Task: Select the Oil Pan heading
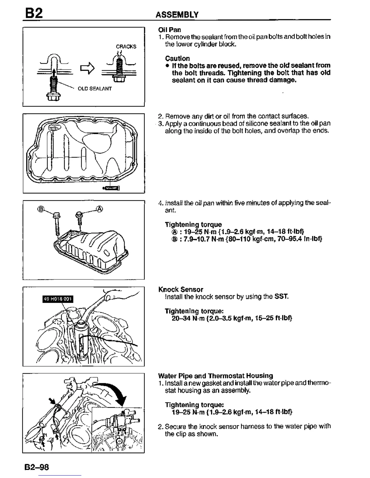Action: pos(170,30)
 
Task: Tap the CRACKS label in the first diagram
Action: pos(126,46)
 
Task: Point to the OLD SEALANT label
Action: pos(95,89)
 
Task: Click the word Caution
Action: pos(177,58)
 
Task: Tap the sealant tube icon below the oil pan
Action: pos(111,188)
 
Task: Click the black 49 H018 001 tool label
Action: pos(57,299)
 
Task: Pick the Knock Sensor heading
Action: pos(181,289)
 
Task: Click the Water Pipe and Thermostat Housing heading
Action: pos(215,376)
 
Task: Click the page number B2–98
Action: pos(37,467)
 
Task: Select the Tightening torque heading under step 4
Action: pos(193,225)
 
